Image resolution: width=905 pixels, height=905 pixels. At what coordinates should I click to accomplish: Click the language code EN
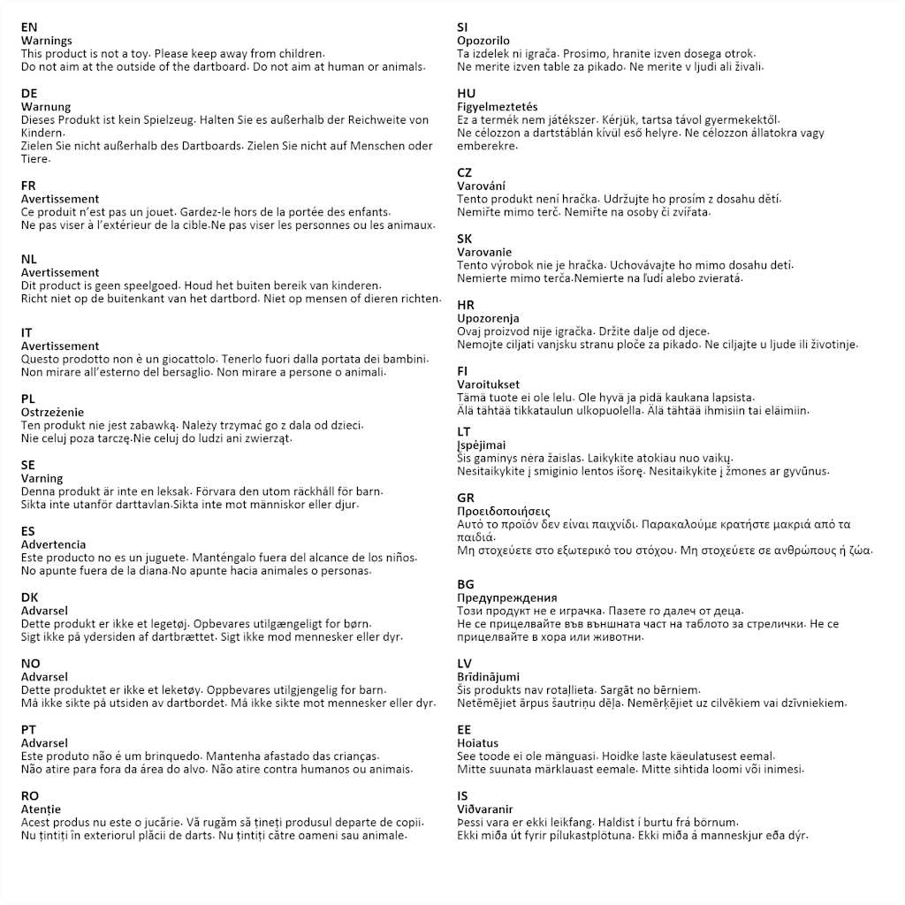tap(29, 27)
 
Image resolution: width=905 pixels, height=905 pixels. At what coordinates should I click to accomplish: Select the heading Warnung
tap(46, 107)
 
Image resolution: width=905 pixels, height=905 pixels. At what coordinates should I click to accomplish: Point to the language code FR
tap(28, 186)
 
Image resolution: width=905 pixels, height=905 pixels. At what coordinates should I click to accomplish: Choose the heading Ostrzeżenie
tap(52, 412)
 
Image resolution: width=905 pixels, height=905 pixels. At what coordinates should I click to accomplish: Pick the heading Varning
tap(42, 478)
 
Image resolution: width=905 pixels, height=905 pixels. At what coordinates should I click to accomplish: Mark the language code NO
tap(30, 663)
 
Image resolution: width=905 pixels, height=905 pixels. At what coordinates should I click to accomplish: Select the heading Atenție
tap(41, 809)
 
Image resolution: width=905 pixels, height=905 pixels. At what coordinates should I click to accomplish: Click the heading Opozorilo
tap(483, 41)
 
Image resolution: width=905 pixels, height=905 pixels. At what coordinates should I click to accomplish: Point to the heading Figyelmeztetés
tap(497, 107)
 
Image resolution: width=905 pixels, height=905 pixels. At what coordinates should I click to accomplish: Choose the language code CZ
tap(465, 172)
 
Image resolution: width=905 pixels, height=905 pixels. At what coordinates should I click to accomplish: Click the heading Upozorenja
tap(488, 318)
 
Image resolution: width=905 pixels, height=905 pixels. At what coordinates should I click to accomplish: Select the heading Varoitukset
tap(488, 384)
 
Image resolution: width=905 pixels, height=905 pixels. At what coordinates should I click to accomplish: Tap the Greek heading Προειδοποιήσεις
tap(504, 511)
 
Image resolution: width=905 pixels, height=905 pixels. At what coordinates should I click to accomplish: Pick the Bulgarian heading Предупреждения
tap(507, 597)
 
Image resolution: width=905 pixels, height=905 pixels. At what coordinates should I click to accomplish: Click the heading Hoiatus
tap(477, 743)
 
